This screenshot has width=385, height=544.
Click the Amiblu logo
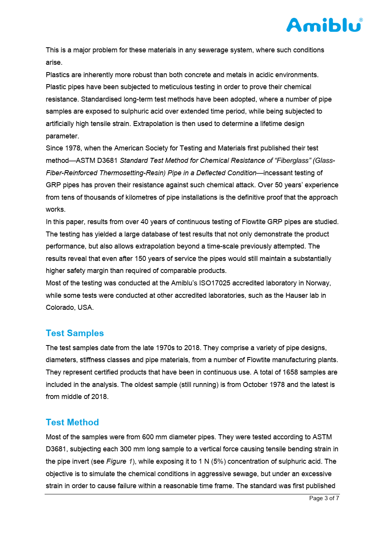click(323, 25)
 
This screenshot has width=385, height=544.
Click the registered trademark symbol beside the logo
click(361, 19)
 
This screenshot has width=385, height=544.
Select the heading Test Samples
click(75, 333)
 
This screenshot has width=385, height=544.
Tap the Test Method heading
click(72, 422)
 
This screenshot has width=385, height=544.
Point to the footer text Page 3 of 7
click(324, 498)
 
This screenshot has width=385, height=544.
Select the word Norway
click(318, 283)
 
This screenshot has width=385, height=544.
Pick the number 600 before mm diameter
click(148, 437)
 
